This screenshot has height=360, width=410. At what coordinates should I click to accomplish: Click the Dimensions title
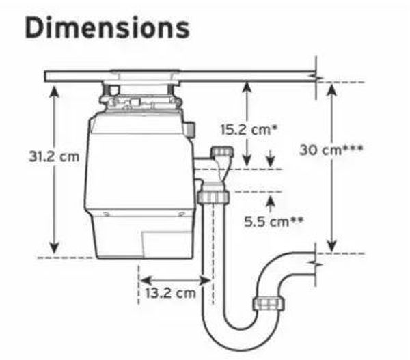[x=107, y=28]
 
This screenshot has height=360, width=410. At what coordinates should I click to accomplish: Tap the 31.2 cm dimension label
[x=54, y=156]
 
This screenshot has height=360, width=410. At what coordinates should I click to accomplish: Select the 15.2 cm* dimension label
[x=249, y=130]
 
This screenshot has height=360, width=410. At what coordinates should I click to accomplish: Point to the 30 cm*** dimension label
[x=331, y=150]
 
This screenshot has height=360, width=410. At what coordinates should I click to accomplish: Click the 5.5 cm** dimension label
[x=274, y=222]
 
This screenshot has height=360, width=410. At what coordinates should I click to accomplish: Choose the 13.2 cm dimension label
[x=170, y=293]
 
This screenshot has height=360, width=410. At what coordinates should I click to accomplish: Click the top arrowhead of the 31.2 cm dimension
[x=54, y=91]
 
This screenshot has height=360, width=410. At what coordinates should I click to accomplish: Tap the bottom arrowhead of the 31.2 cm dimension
[x=54, y=247]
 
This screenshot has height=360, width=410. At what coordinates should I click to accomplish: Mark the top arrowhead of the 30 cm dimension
[x=332, y=89]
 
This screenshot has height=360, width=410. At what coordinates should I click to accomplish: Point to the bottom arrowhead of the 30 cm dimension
[x=332, y=247]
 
